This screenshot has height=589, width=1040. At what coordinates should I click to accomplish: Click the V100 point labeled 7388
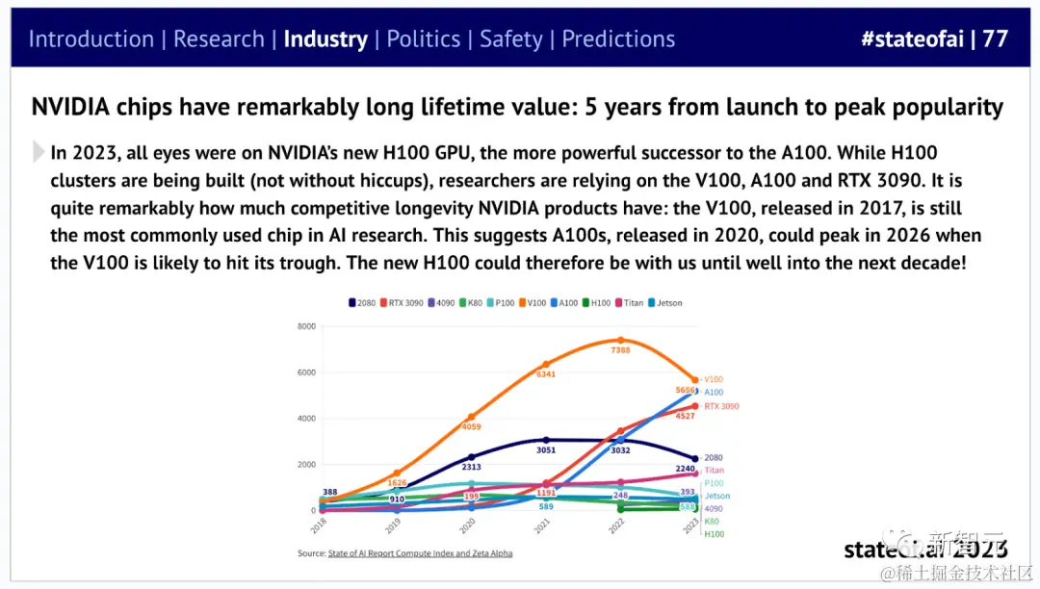point(620,340)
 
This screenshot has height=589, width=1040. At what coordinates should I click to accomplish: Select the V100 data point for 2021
point(546,365)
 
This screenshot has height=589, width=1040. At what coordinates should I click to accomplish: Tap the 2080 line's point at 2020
point(472,457)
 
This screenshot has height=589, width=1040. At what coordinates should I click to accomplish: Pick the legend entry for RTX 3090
point(403,302)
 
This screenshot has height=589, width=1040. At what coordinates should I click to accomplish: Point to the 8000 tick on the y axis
point(305,326)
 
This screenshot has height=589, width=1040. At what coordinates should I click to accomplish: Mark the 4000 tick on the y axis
point(305,419)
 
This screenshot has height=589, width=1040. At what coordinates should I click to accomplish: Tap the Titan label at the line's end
point(714,470)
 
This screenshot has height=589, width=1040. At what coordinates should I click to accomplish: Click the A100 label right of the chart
point(714,393)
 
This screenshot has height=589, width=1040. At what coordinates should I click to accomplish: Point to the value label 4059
point(471,426)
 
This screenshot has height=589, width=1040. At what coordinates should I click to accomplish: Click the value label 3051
point(546,449)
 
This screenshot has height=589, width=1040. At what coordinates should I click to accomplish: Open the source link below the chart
point(435,553)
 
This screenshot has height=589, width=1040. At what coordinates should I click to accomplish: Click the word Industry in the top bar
point(325,39)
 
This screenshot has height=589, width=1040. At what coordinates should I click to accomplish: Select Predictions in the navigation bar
point(618,39)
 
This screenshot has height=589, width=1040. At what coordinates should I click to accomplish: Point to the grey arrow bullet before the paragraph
point(39,152)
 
